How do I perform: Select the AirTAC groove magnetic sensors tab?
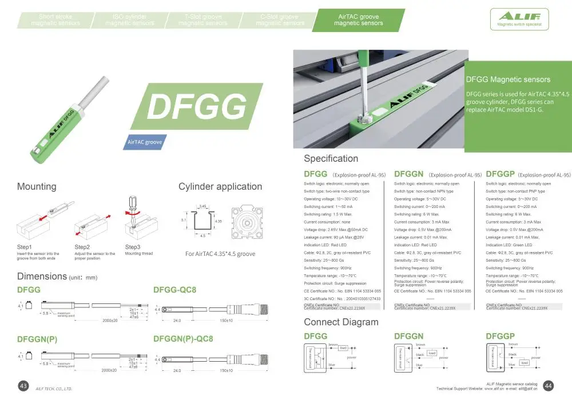coord(359,20)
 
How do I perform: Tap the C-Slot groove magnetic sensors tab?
coord(280,20)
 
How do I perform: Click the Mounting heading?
coord(37,186)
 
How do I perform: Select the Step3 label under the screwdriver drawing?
coord(133,247)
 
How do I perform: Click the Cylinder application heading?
coord(220,186)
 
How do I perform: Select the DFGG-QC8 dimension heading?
coord(175,290)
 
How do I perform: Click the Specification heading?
coord(331,158)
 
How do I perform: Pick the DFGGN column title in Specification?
coord(409,174)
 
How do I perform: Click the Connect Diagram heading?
coord(341,322)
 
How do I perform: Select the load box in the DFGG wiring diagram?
coord(343,348)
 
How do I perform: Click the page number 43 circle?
coord(24,386)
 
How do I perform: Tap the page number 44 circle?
coord(547,386)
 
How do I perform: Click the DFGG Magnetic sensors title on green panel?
coord(509,79)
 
